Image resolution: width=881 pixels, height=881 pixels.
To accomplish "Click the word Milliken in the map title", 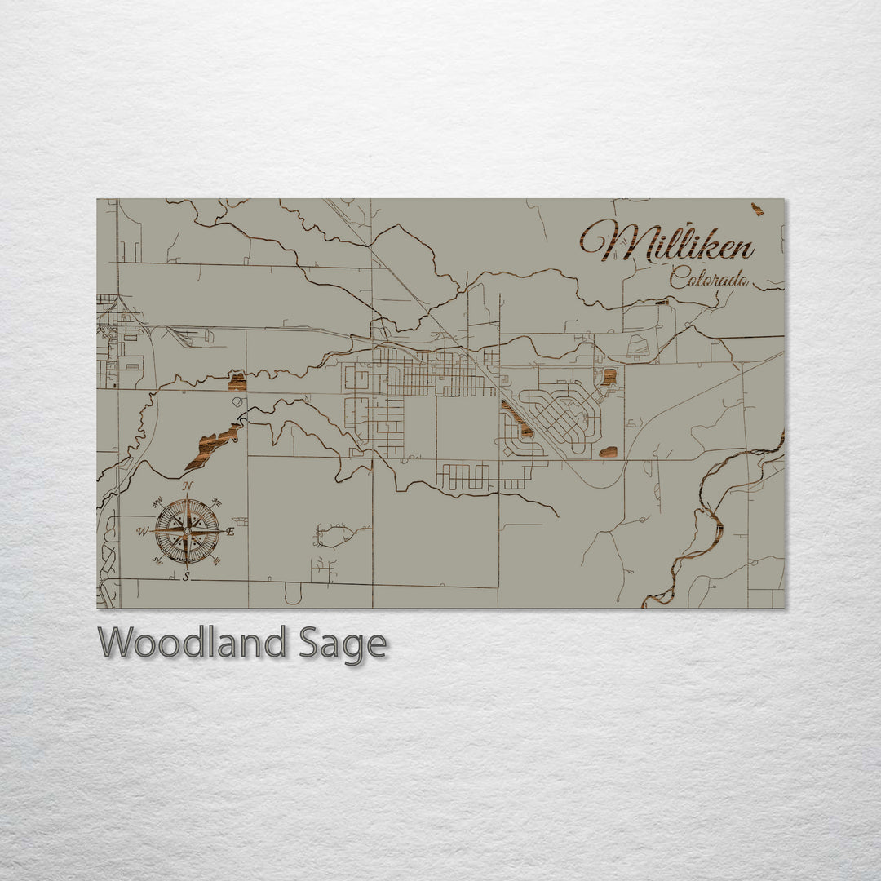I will coord(667,242).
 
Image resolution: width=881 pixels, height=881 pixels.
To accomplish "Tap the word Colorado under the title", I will coord(709,279).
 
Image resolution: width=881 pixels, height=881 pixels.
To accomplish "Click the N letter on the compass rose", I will coord(188,487).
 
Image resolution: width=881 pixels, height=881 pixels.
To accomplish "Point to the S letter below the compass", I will coord(187,577).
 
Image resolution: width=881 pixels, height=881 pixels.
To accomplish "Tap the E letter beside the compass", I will coord(230,532).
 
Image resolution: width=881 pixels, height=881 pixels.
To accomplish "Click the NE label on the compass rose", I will coord(217,503).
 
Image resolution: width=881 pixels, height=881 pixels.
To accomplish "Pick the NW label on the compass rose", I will coord(157,503).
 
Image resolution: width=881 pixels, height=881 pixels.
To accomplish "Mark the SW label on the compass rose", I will coord(157,560).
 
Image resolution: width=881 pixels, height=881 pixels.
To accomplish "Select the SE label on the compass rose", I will coord(217,560).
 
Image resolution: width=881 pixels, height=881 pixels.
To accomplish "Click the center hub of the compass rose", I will coord(187,532).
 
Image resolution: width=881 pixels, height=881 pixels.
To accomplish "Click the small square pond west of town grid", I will coord(237,381).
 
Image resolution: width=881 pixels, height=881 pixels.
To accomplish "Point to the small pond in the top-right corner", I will coord(758,210).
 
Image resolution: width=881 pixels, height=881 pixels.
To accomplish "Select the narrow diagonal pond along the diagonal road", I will coord(517,418).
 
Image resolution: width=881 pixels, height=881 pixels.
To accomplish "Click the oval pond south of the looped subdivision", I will coord(608,451).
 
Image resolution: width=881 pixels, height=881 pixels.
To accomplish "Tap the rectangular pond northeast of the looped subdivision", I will coord(609,377).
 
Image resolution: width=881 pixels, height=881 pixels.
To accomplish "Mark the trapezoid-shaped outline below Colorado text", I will coord(639,347).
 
